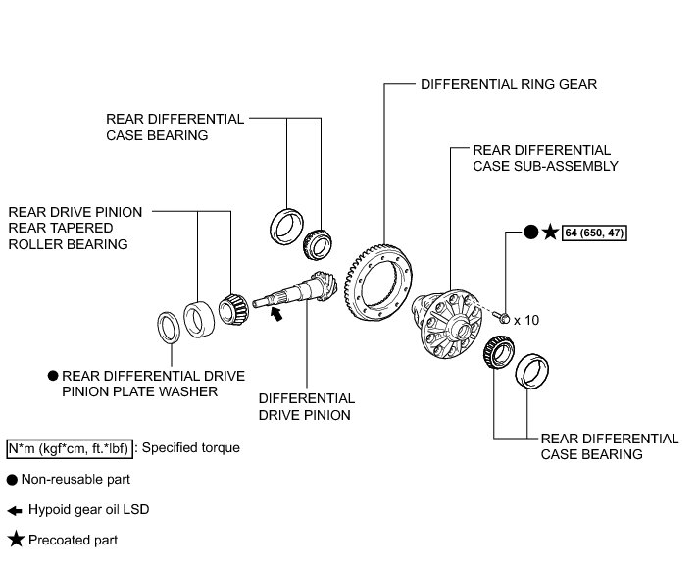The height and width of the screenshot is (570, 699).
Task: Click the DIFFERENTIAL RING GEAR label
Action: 509,84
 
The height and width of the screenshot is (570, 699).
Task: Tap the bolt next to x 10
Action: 502,318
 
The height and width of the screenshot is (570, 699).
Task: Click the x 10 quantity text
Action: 526,320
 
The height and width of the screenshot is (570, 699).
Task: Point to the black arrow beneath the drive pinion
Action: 276,313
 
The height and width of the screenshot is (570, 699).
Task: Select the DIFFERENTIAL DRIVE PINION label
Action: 307,406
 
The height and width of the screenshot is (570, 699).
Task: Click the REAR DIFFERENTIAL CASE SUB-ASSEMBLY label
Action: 545,158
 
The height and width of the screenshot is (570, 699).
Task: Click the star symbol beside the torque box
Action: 551,233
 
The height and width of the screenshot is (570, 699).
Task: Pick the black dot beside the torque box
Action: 530,233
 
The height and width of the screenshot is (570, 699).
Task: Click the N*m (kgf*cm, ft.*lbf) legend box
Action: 70,448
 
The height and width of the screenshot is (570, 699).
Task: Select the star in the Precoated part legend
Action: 16,540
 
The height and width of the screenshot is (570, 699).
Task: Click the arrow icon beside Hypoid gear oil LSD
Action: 15,511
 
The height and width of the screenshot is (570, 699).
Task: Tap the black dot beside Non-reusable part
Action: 12,480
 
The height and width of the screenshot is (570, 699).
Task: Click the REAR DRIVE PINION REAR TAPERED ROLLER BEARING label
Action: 75,228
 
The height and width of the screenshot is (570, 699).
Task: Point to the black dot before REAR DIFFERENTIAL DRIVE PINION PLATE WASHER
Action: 53,376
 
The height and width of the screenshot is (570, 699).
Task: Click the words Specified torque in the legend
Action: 191,447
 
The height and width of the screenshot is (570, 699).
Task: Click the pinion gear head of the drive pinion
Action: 325,285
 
